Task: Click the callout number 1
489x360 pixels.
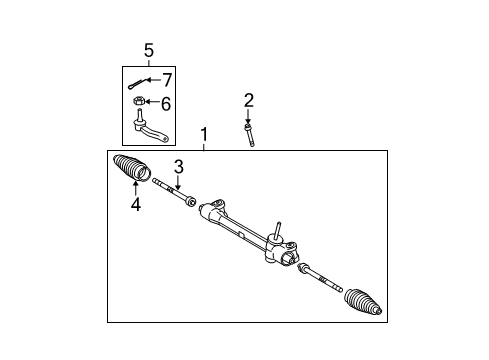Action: click(204, 134)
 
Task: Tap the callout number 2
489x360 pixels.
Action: click(249, 99)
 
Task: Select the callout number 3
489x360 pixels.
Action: click(179, 166)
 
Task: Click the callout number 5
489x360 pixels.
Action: click(148, 49)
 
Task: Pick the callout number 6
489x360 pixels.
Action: click(166, 103)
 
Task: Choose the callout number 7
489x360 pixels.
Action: click(167, 78)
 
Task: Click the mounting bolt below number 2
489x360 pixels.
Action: click(249, 133)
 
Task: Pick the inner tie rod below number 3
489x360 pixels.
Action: click(174, 194)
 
